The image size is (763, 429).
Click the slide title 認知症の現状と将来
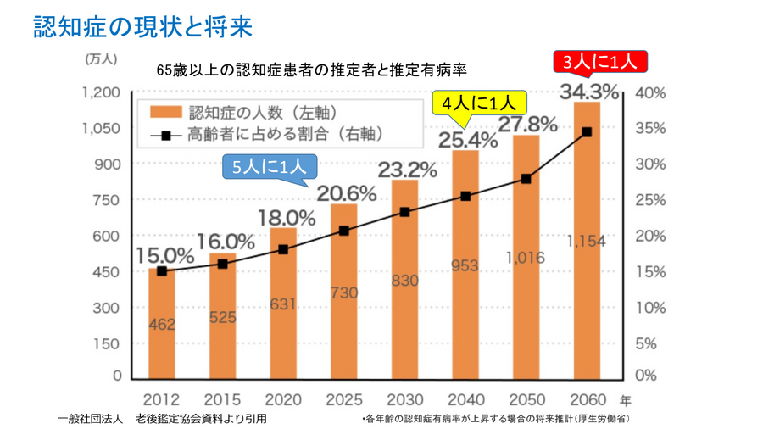143,25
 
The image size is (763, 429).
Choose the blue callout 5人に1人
270,166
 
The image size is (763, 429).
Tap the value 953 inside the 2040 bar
465,265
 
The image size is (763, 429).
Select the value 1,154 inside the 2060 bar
586,242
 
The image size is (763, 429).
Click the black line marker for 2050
526,179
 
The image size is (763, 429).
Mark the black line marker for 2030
404,212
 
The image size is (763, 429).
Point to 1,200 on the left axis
102,92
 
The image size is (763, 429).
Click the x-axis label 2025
343,398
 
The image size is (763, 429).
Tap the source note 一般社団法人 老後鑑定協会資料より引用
165,419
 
